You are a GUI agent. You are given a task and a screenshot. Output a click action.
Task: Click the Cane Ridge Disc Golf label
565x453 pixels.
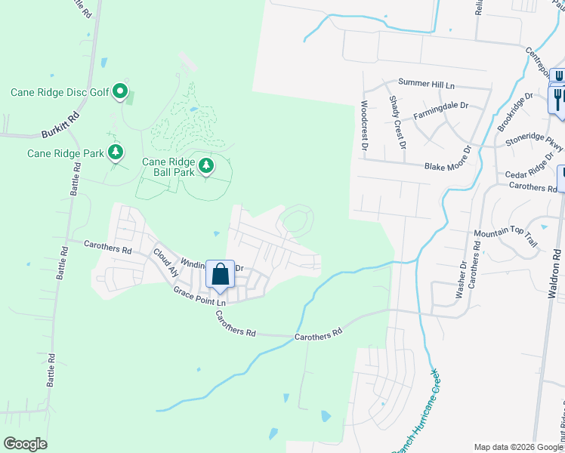click(59, 93)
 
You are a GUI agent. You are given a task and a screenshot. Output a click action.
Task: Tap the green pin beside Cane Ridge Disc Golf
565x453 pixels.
click(120, 92)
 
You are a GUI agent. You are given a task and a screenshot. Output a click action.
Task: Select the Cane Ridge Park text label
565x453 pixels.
click(66, 153)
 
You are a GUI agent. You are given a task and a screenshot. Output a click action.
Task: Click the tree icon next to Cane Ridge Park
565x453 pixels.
click(115, 153)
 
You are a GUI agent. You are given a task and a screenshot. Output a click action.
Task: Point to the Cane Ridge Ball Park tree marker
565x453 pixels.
click(205, 165)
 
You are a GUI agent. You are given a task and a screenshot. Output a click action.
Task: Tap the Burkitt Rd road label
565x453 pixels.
click(60, 125)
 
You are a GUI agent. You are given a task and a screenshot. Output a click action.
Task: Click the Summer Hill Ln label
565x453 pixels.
click(430, 82)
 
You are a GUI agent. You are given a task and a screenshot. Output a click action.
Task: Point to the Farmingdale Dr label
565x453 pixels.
click(442, 113)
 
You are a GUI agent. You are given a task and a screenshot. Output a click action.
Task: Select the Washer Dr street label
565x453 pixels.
click(462, 280)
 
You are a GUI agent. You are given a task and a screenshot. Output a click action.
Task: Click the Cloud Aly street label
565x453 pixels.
click(165, 262)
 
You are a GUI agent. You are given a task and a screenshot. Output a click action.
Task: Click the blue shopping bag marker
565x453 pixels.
click(220, 275)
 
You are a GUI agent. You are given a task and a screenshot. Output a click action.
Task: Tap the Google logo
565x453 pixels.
click(26, 444)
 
